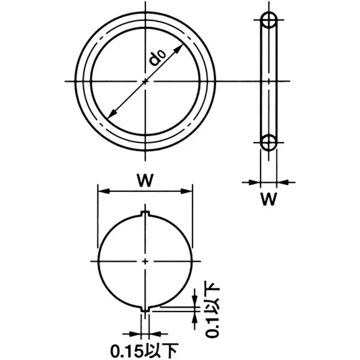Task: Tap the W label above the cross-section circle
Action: [144, 181]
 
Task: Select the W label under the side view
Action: [269, 199]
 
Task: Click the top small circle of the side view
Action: [269, 20]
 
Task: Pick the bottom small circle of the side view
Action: [269, 142]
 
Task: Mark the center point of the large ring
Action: [145, 81]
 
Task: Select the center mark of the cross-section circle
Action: [145, 261]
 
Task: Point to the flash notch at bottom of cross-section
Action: [145, 309]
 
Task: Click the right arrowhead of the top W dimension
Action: [189, 191]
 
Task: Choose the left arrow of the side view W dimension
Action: [257, 182]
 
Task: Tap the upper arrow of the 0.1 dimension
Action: [194, 301]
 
